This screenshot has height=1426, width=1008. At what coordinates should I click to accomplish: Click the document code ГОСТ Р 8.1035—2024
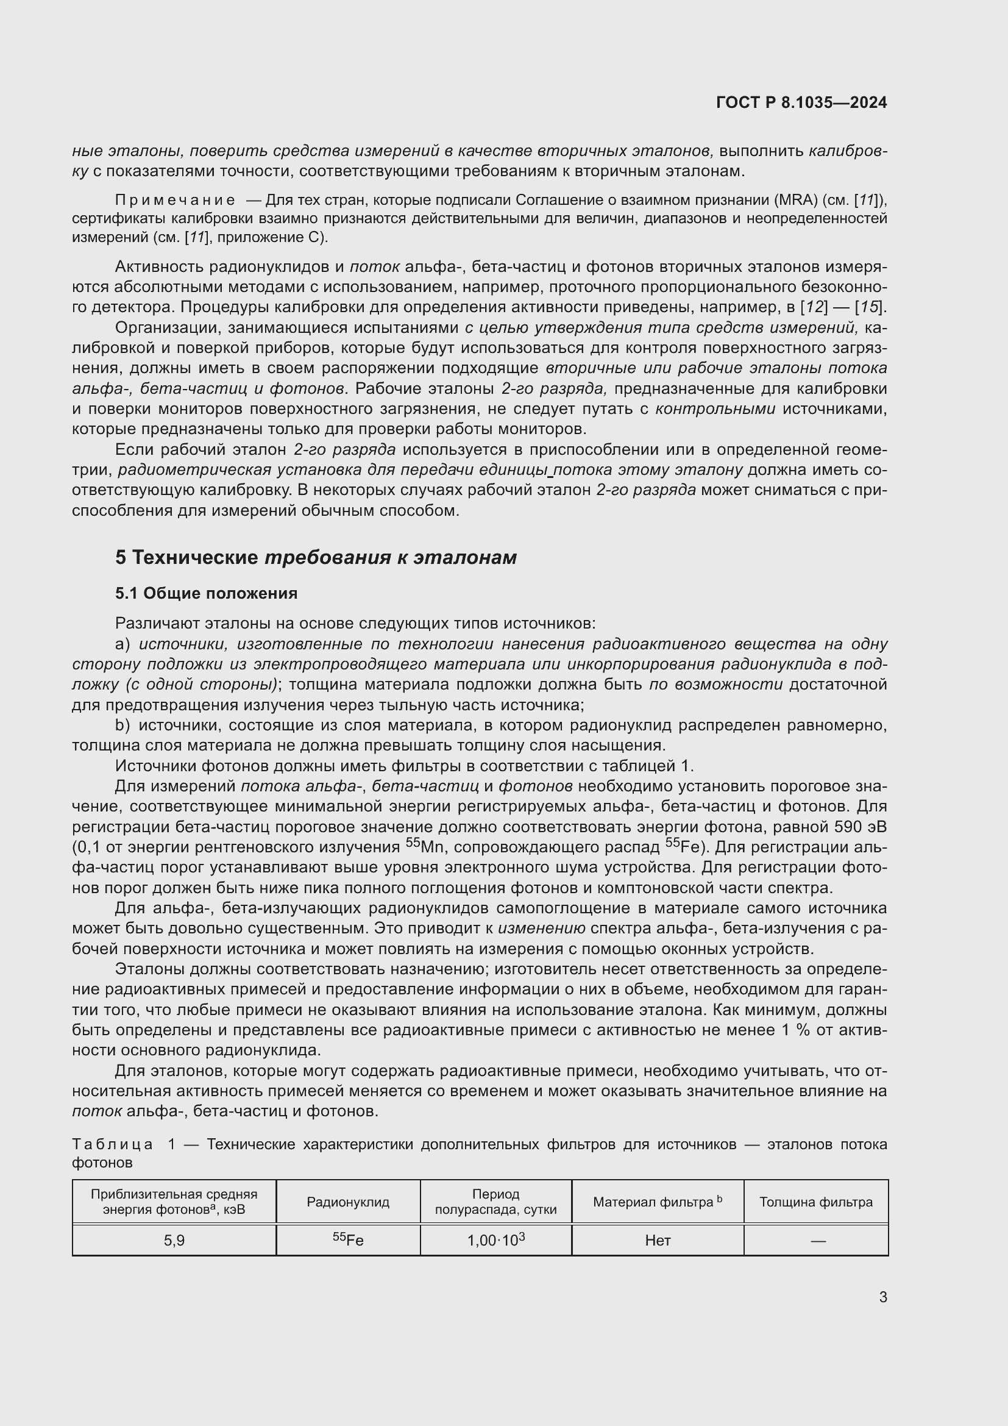[x=801, y=102]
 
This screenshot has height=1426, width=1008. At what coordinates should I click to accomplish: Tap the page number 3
[x=882, y=1297]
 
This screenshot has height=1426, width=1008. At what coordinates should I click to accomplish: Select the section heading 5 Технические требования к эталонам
[x=315, y=557]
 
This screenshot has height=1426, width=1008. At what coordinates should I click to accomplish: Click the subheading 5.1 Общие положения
[x=206, y=593]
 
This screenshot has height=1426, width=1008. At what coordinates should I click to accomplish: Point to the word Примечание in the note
[x=175, y=200]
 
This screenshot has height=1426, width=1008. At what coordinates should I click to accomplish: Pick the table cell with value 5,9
[x=174, y=1240]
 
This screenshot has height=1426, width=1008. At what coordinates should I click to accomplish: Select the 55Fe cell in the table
[x=347, y=1239]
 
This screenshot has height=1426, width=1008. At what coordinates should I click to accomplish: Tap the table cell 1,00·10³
[x=495, y=1239]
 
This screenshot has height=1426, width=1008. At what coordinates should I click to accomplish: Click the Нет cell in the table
[x=658, y=1240]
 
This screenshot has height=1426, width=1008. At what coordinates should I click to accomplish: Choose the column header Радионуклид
[x=347, y=1202]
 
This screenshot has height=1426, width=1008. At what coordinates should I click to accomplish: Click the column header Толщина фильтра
[x=815, y=1202]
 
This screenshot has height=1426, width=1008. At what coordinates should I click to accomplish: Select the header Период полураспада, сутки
[x=495, y=1202]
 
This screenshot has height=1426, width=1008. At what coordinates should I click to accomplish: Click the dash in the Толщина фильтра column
[x=818, y=1241]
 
